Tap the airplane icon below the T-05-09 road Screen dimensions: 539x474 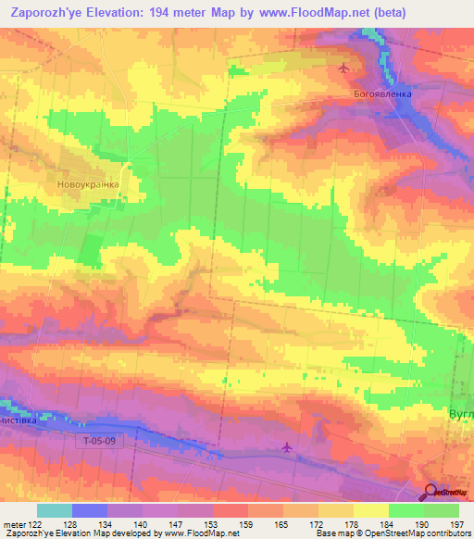(286, 448)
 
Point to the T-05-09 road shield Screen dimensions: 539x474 (96, 443)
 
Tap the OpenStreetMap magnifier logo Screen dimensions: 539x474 (431, 492)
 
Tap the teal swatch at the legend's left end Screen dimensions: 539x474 (55, 510)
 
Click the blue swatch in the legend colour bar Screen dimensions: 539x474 (90, 510)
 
